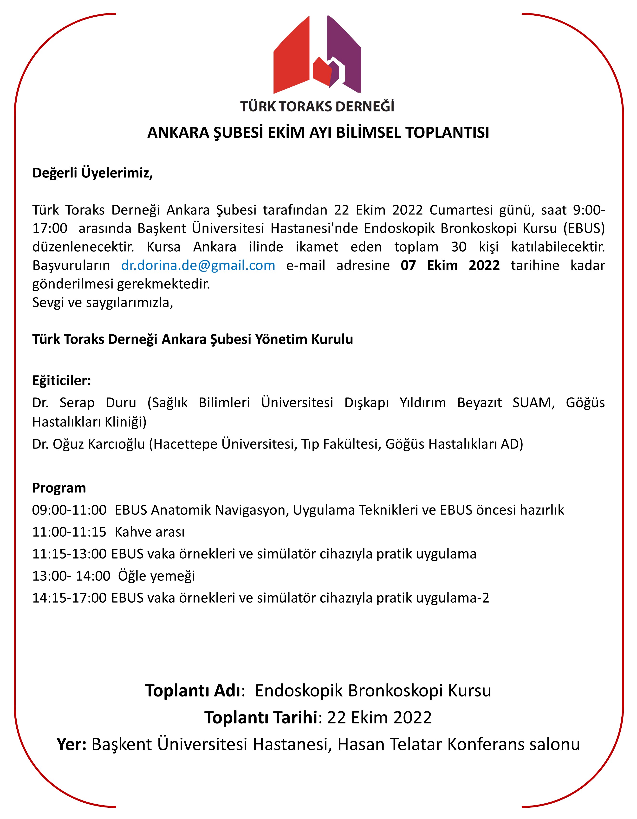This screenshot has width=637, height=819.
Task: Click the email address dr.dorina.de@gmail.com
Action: [x=198, y=266]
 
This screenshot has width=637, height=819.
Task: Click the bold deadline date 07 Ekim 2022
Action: [x=450, y=266]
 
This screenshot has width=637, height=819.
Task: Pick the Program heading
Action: [x=59, y=488]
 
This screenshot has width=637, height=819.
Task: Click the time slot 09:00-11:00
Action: [x=69, y=510]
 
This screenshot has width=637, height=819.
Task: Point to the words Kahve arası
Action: [x=149, y=532]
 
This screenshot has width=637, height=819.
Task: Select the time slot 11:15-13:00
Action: [x=69, y=554]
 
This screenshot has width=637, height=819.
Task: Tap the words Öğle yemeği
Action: [x=156, y=576]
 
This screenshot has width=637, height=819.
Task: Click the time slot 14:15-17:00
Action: [x=69, y=598]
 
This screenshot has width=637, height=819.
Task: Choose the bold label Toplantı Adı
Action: [x=193, y=691]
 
